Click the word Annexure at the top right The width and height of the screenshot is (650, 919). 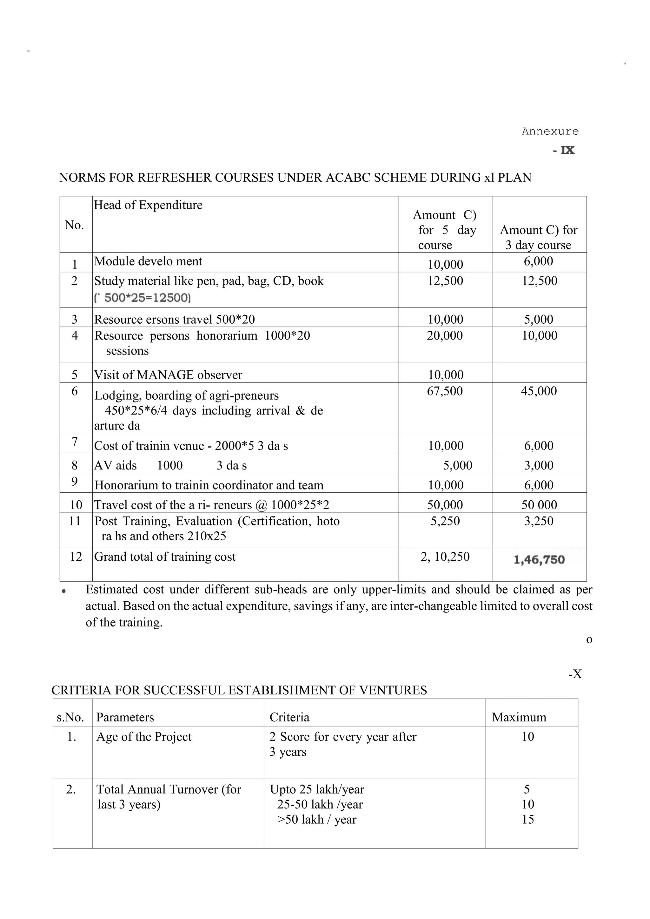[550, 132]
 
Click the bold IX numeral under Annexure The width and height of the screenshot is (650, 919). [567, 150]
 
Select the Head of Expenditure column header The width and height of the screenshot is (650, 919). [148, 205]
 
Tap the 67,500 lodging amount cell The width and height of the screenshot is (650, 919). [445, 391]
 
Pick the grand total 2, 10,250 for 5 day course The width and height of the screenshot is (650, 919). [445, 557]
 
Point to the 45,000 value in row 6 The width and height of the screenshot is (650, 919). [539, 391]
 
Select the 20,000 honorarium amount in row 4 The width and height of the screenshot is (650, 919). [445, 336]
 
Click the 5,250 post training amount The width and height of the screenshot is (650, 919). [445, 521]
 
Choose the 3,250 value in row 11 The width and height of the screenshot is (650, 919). [539, 521]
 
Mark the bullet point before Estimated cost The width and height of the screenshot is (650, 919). [64, 591]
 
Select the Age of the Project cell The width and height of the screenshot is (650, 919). [144, 737]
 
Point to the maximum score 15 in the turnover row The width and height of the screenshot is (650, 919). [527, 820]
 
